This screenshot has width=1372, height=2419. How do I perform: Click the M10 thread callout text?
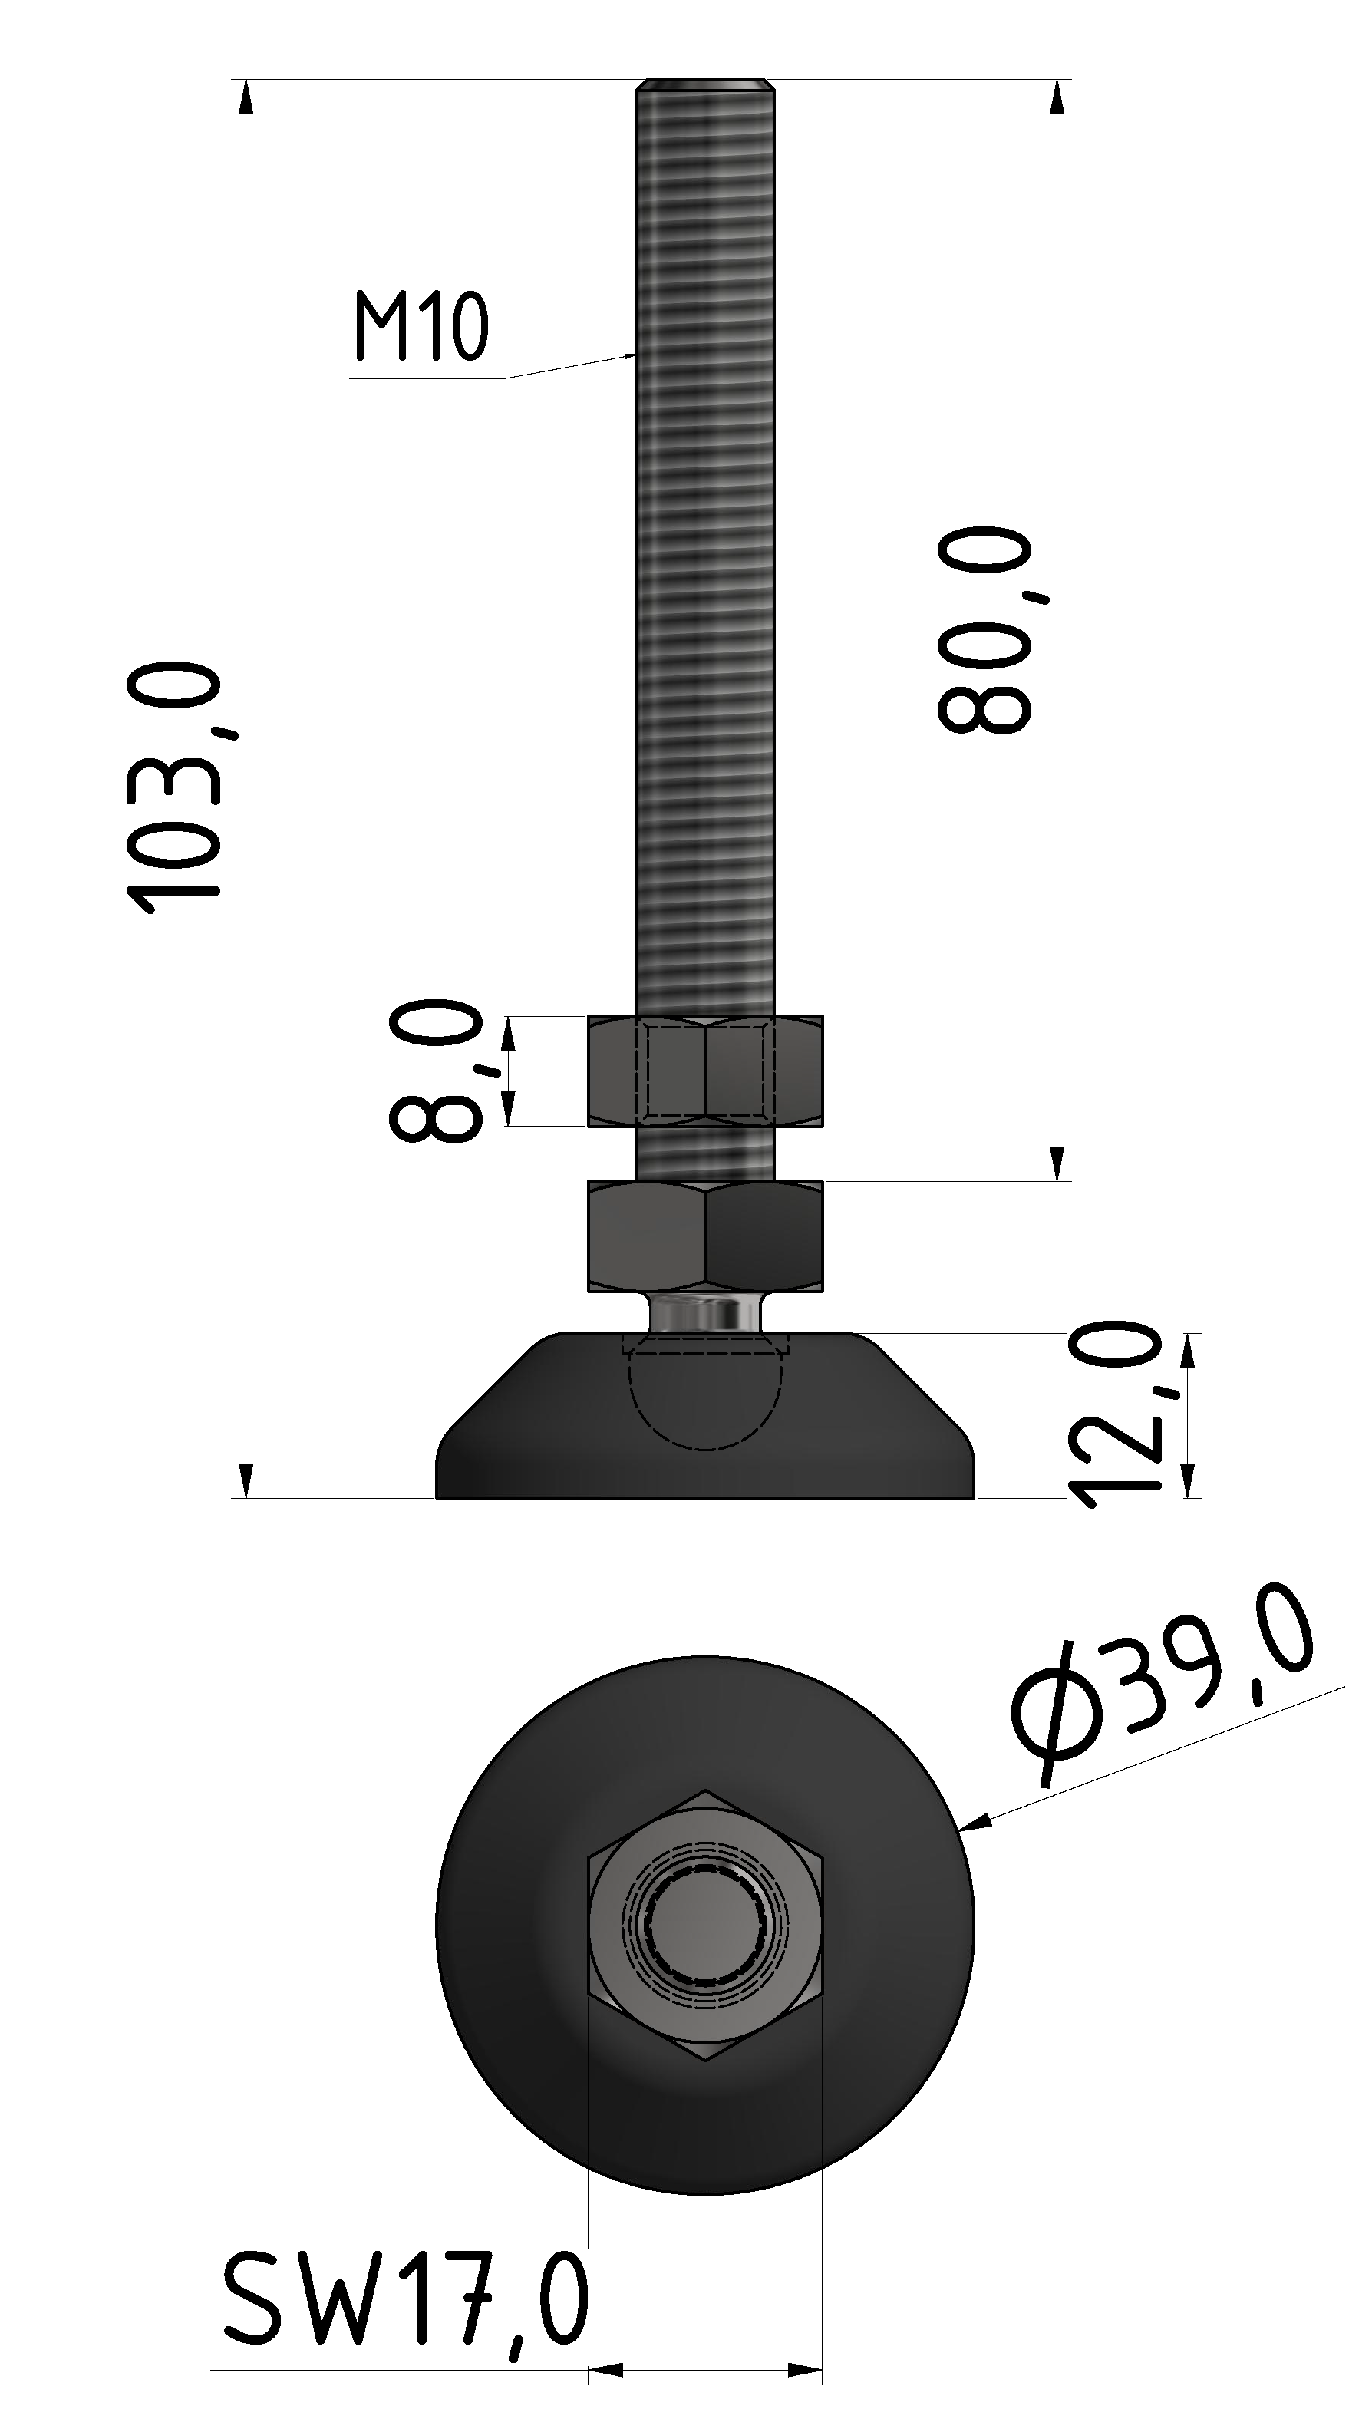[x=421, y=327]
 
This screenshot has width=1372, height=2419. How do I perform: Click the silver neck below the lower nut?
[x=705, y=1312]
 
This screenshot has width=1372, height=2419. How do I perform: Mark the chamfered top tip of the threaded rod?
[x=705, y=86]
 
